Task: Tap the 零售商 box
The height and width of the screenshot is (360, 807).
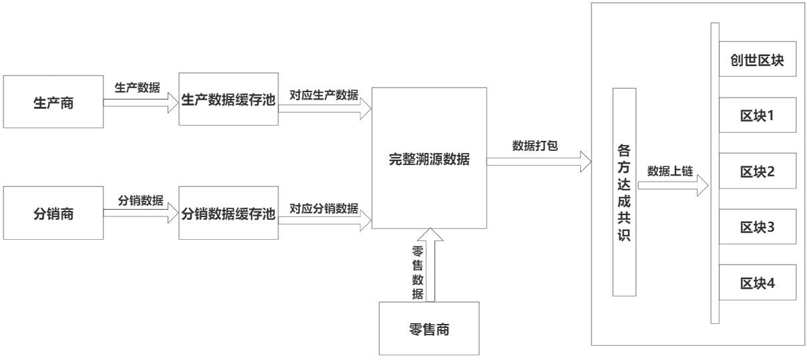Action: (x=429, y=328)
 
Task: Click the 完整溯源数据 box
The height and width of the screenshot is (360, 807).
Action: (x=429, y=159)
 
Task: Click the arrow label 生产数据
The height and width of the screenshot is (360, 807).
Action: (x=137, y=87)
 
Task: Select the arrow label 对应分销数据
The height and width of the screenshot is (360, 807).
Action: (x=323, y=207)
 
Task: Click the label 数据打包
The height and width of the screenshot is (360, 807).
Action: (x=534, y=146)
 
